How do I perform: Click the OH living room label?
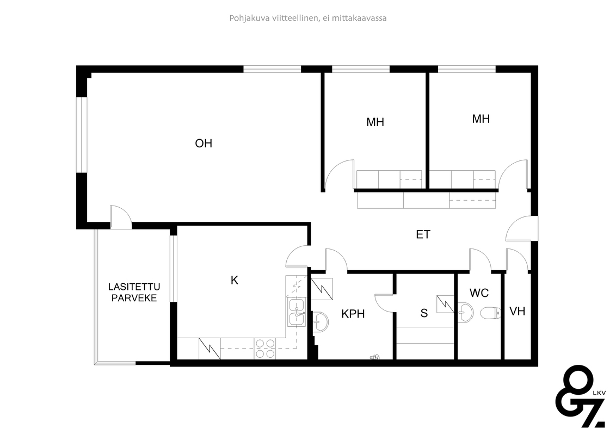coord(204,144)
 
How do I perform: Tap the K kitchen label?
coord(235,281)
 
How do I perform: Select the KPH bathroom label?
coord(353,314)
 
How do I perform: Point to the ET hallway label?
coord(423,235)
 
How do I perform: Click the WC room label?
coord(479,293)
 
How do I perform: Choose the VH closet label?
coord(518,312)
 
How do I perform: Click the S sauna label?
coord(424,313)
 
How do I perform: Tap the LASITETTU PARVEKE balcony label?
coord(134,293)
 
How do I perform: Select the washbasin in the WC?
coord(465,313)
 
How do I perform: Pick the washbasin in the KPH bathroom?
coord(321,322)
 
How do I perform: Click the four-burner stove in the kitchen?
coord(265,349)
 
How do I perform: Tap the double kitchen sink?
coord(298,312)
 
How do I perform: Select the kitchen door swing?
coord(298,256)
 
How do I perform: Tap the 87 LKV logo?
coord(581,396)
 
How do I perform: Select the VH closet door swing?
coord(517,259)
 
